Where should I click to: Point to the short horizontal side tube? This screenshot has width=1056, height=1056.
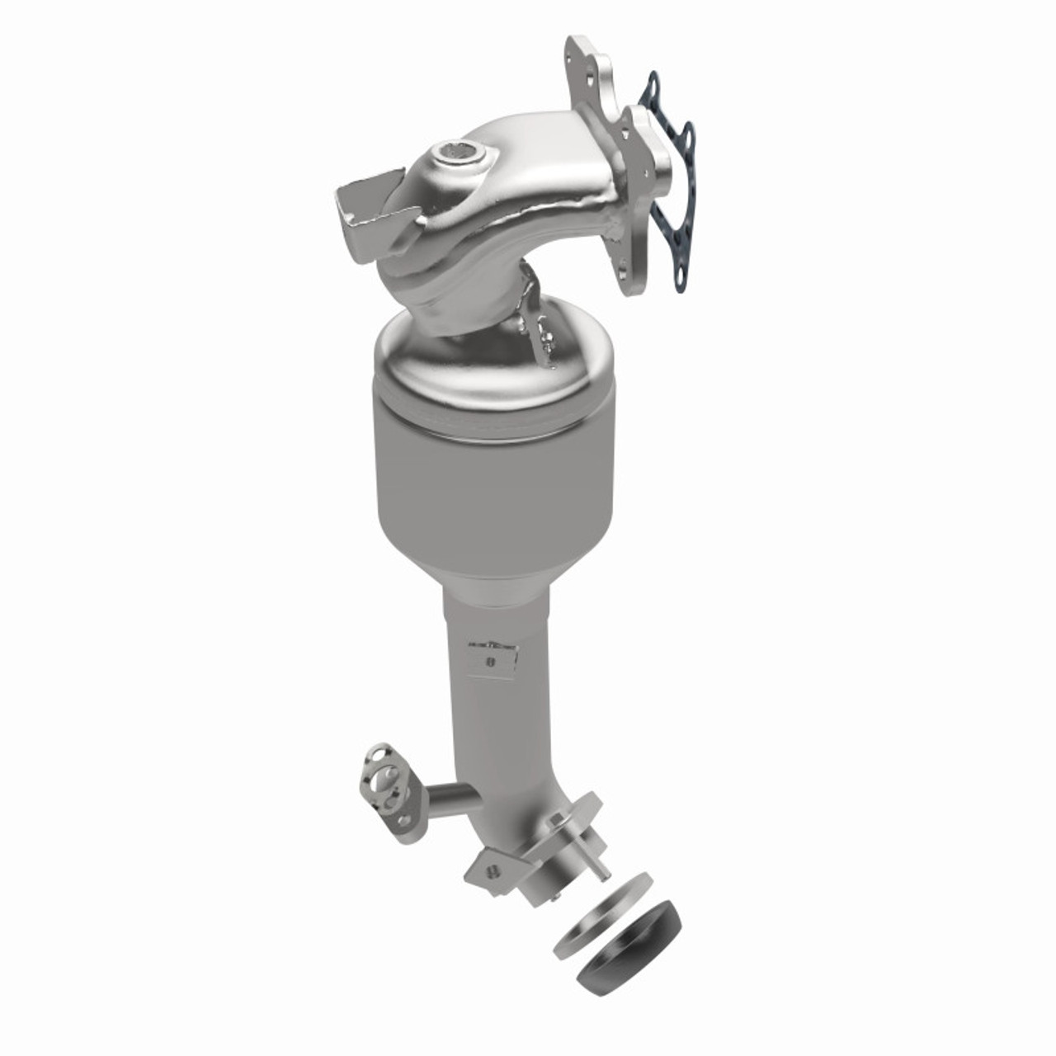coord(452,798)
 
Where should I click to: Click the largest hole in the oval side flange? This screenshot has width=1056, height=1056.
coord(385,780)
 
